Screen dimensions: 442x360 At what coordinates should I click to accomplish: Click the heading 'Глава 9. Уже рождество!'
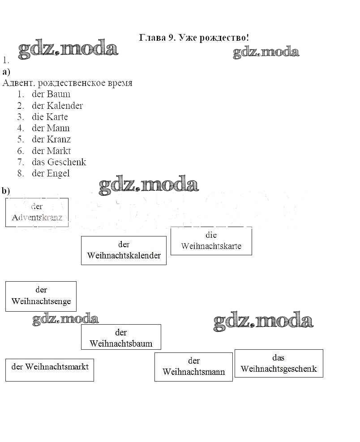pos(194,38)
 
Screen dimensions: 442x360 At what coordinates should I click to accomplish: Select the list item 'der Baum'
pos(51,94)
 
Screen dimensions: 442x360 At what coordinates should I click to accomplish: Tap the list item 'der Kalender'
pos(57,106)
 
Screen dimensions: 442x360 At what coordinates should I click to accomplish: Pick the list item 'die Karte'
pos(50,117)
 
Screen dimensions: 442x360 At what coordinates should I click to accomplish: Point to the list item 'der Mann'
pos(51,128)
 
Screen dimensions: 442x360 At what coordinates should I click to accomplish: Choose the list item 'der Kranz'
pos(51,139)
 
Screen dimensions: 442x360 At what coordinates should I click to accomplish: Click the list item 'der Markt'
pos(51,151)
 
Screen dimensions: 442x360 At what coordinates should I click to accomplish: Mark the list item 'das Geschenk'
pos(59,162)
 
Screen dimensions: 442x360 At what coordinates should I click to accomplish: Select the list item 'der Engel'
pos(51,173)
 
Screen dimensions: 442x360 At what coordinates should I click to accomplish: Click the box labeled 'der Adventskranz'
pos(37,212)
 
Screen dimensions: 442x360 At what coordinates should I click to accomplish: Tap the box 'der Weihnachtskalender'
pos(124,250)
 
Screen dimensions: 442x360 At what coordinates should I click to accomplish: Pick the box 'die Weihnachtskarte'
pos(211,241)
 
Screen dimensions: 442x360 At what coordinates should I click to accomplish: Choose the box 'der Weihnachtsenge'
pos(41,296)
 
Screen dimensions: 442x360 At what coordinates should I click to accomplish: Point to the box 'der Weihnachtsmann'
pos(193,366)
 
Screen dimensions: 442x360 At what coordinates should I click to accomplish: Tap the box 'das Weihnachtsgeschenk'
pos(279,363)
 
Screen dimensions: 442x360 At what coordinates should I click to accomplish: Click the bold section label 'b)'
pos(6,191)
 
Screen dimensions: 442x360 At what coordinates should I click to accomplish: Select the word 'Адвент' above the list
pos(18,83)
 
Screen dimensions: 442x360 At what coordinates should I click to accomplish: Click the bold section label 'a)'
pos(6,72)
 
